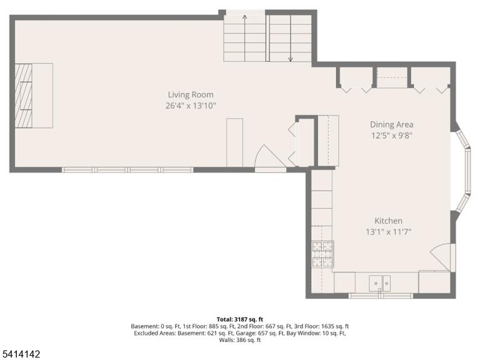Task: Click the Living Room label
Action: tap(191, 94)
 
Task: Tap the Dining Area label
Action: tap(391, 124)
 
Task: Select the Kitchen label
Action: tap(389, 221)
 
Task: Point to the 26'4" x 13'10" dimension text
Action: tap(191, 106)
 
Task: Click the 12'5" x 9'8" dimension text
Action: tap(391, 135)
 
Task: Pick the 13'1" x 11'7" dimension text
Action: tap(389, 232)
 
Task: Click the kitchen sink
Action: tap(379, 283)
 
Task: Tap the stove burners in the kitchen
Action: tap(322, 254)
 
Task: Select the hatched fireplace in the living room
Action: tap(24, 96)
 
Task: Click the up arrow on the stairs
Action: tap(244, 38)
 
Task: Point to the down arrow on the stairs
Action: tap(290, 38)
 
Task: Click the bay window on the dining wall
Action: tap(463, 171)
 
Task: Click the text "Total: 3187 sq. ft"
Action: tap(240, 319)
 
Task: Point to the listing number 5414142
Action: tap(20, 354)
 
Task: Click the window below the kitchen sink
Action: tap(381, 296)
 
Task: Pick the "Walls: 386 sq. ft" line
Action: tap(240, 340)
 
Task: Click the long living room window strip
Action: tap(127, 170)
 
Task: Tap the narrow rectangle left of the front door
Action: tap(235, 142)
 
